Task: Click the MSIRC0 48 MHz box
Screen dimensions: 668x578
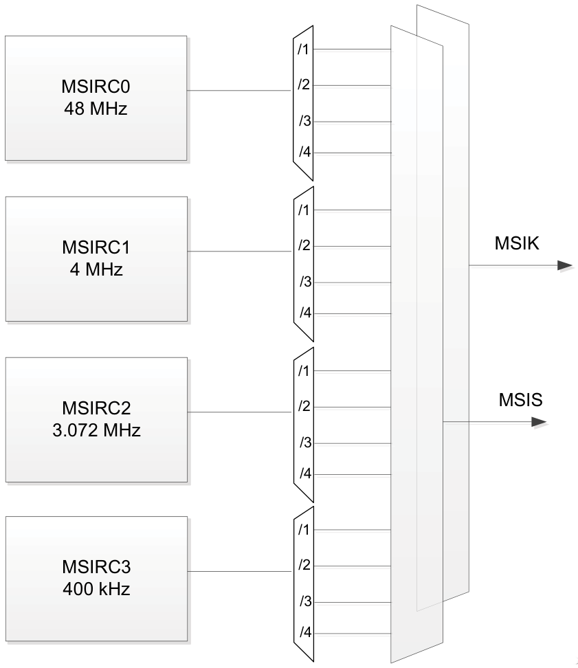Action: coord(96,98)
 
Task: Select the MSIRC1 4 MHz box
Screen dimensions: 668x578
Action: coord(96,259)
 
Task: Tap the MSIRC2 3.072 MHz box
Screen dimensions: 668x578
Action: coord(96,420)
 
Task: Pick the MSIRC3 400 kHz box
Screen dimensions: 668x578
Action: coord(96,579)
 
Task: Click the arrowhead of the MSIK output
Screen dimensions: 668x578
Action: coord(565,266)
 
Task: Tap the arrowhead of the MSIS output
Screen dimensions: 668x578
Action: coord(540,423)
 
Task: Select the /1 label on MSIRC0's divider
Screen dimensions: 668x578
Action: coord(303,50)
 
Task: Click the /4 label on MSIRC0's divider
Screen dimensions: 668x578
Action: coord(304,153)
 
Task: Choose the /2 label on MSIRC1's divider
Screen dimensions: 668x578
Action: coord(303,246)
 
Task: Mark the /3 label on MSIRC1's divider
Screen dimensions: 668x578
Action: coord(304,282)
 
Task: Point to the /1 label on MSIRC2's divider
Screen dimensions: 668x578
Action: coord(303,372)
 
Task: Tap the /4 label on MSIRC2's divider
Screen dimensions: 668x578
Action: coord(304,474)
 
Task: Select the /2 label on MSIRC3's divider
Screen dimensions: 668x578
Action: coord(303,566)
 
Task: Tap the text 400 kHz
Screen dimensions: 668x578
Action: coord(96,590)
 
